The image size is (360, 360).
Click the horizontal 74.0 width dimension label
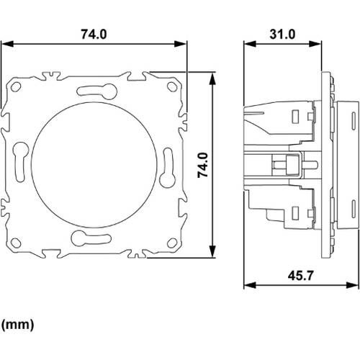(92, 34)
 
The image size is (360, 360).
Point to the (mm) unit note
(17, 325)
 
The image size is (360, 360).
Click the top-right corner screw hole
(171, 86)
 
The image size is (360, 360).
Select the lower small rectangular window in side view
(295, 212)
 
